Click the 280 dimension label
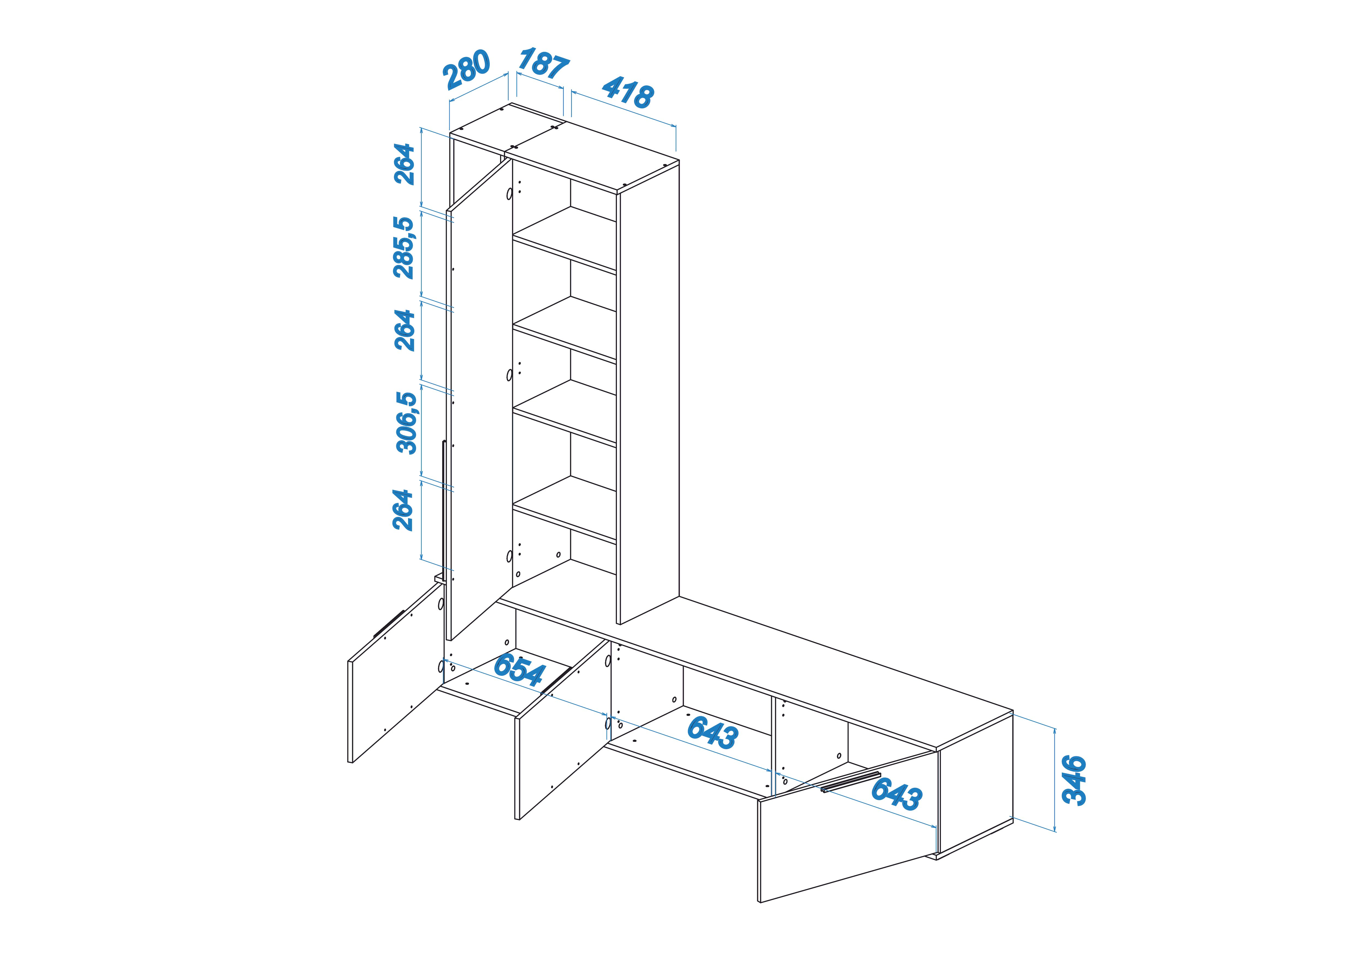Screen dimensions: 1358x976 (466, 69)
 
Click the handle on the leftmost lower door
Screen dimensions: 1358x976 (389, 623)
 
